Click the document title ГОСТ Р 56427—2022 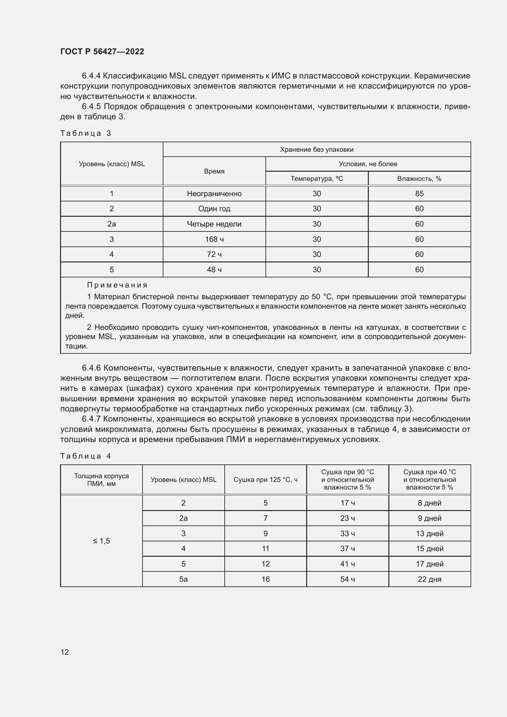click(x=102, y=51)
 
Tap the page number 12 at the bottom click(x=65, y=652)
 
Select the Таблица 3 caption click(x=86, y=133)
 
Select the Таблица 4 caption click(x=86, y=456)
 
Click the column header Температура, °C click(x=317, y=179)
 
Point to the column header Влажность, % click(x=419, y=179)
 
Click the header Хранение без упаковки click(x=317, y=150)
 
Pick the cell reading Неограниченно click(x=214, y=194)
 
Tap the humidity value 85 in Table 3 click(x=419, y=194)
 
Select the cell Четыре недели click(x=214, y=224)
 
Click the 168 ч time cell click(x=214, y=239)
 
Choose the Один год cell click(x=214, y=209)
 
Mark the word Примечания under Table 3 click(x=117, y=285)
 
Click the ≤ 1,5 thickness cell click(x=101, y=541)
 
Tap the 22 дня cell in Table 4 click(x=429, y=579)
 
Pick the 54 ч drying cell click(x=347, y=579)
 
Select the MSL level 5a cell click(x=183, y=579)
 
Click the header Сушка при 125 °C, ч click(x=265, y=480)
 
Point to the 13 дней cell click(x=429, y=533)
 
